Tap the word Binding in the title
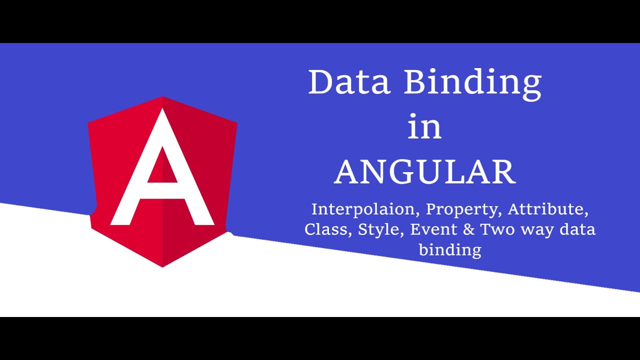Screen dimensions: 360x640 click(x=472, y=83)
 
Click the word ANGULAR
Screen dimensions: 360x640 click(x=425, y=172)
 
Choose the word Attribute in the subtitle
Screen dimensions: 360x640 click(x=547, y=209)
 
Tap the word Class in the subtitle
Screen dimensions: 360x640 click(x=326, y=229)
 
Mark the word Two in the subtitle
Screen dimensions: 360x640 click(x=498, y=229)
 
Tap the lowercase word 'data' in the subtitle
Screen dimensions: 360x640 click(x=577, y=229)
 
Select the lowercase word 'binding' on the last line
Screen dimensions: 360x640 click(x=450, y=250)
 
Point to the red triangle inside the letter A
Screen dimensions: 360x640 click(x=162, y=168)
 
